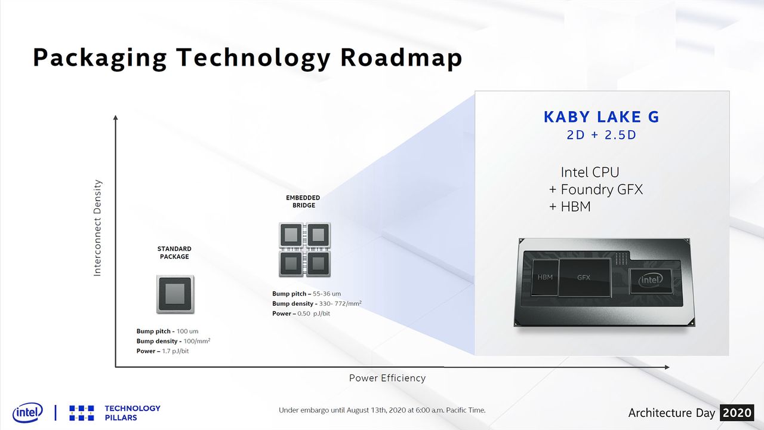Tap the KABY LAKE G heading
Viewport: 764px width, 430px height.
click(x=602, y=117)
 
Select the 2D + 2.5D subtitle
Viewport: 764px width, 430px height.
click(x=602, y=135)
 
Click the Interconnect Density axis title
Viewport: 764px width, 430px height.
click(x=97, y=228)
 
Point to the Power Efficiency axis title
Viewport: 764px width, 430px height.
click(x=387, y=378)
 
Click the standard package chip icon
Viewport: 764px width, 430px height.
click(x=175, y=294)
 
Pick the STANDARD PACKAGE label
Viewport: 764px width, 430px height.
click(x=174, y=253)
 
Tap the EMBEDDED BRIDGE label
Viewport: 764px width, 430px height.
click(x=303, y=201)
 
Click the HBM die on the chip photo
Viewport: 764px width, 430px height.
click(x=545, y=277)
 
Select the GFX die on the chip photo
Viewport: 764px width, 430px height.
click(x=584, y=278)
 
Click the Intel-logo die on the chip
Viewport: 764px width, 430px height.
click(x=651, y=281)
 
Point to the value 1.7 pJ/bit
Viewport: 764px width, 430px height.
click(x=175, y=351)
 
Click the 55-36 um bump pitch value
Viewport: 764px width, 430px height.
click(x=326, y=294)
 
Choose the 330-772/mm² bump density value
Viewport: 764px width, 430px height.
click(x=340, y=303)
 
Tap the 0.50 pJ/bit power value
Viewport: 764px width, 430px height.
click(x=314, y=314)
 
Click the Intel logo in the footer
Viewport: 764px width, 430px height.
click(x=27, y=413)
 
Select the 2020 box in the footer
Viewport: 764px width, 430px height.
click(x=737, y=413)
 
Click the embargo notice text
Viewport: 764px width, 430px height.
click(x=382, y=410)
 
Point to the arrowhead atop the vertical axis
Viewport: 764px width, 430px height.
click(x=116, y=118)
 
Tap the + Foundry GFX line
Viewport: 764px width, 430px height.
click(x=596, y=189)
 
